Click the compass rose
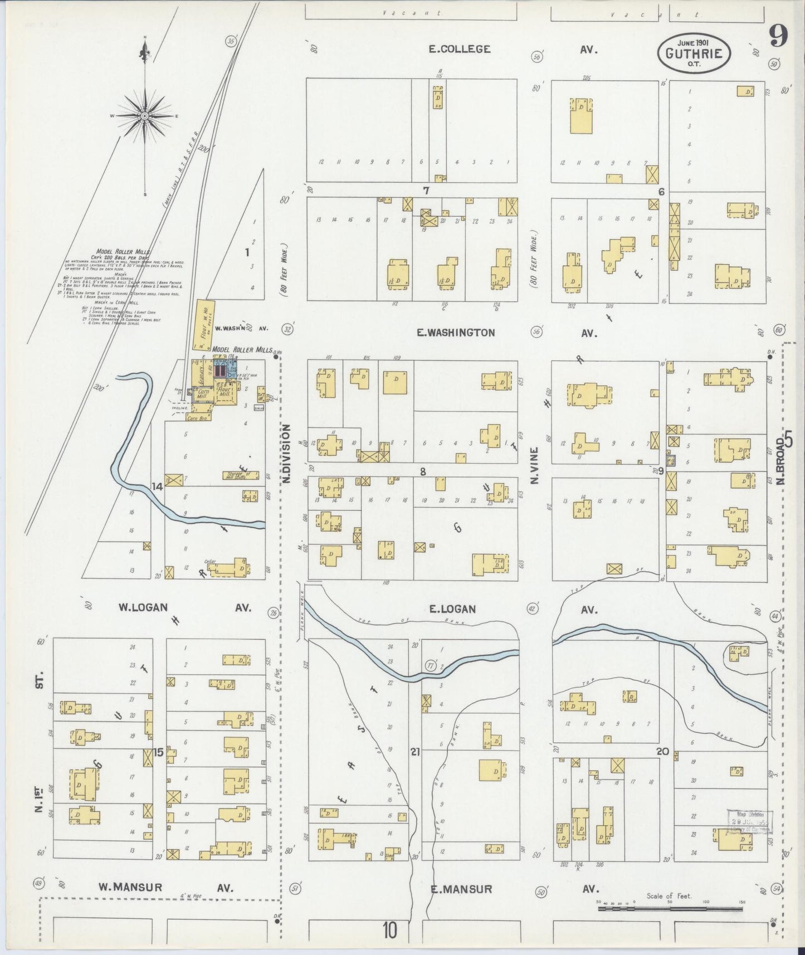(145, 115)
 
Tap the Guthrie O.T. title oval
(694, 53)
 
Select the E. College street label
(460, 49)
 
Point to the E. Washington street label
(456, 333)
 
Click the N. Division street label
(286, 453)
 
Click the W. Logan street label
(143, 607)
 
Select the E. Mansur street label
(461, 889)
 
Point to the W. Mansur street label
(130, 886)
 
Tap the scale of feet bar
(670, 909)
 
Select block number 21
(415, 752)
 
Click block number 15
(159, 753)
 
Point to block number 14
(157, 486)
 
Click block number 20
(662, 751)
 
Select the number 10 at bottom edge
(390, 930)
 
